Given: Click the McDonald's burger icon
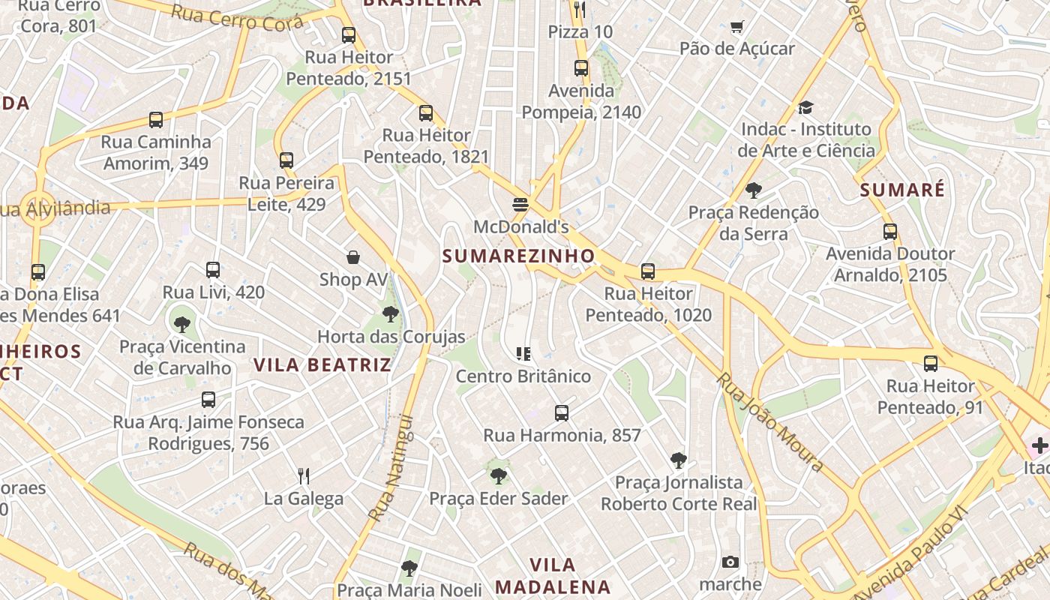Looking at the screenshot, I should pos(521,204).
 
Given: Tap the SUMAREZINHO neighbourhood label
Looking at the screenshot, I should pos(518,256).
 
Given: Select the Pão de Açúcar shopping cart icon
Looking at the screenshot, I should pos(736,27).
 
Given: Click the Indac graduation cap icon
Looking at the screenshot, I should pos(805,107).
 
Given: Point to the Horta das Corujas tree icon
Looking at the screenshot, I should pos(390,314).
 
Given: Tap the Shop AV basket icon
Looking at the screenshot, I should pos(353,257).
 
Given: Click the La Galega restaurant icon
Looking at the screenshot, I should pos(304,475).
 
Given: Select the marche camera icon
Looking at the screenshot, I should pos(730,562).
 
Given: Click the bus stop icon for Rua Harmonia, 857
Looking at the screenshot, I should pos(562,412).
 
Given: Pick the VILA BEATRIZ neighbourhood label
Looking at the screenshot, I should pos(322,365).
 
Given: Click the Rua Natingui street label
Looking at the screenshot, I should pos(392,469).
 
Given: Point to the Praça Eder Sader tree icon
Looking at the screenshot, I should pos(498,476).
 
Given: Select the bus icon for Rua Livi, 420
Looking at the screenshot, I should pos(213,270).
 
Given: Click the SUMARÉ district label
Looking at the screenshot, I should pos(902,190).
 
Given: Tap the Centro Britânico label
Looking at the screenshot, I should pos(523,376).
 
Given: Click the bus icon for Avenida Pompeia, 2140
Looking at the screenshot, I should pos(581,68).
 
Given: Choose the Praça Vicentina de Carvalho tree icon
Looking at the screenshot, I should pos(181,324).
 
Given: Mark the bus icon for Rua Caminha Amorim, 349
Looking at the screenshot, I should pos(156,120).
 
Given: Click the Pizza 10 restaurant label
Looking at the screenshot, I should pos(580,31).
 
